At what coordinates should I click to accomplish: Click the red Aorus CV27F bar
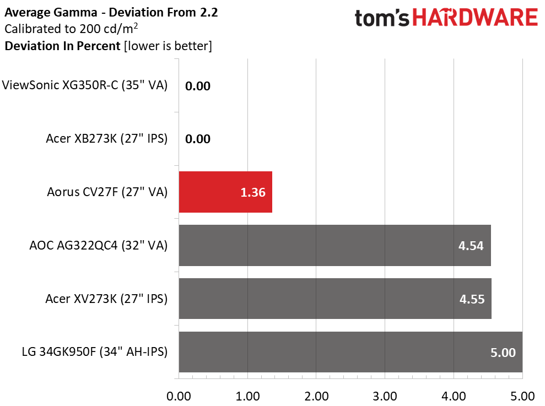(x=225, y=192)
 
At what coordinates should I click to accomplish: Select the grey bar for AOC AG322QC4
(x=334, y=245)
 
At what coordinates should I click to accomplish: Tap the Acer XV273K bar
(x=335, y=299)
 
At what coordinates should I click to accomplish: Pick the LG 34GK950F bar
(x=350, y=352)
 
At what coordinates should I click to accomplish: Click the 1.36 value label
(x=253, y=192)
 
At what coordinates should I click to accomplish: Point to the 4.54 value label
(x=471, y=246)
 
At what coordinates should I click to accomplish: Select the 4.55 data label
(x=472, y=299)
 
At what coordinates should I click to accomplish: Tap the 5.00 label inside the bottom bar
(x=503, y=353)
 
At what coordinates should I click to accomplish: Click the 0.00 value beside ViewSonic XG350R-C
(x=198, y=86)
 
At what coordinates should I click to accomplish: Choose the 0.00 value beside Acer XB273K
(x=198, y=139)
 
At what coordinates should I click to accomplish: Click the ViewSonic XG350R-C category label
(x=85, y=85)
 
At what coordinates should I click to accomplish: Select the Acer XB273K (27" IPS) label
(x=107, y=139)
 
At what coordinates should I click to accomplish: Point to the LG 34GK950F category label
(x=95, y=352)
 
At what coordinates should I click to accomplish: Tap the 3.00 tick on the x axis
(x=385, y=396)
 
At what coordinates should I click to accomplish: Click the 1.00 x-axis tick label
(x=247, y=396)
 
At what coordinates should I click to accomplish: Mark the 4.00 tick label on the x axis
(x=454, y=396)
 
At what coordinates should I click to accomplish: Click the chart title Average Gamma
(x=51, y=13)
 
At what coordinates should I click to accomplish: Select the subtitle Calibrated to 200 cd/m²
(x=71, y=29)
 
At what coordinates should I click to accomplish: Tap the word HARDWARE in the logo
(x=475, y=18)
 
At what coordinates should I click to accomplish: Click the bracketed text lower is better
(x=168, y=46)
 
